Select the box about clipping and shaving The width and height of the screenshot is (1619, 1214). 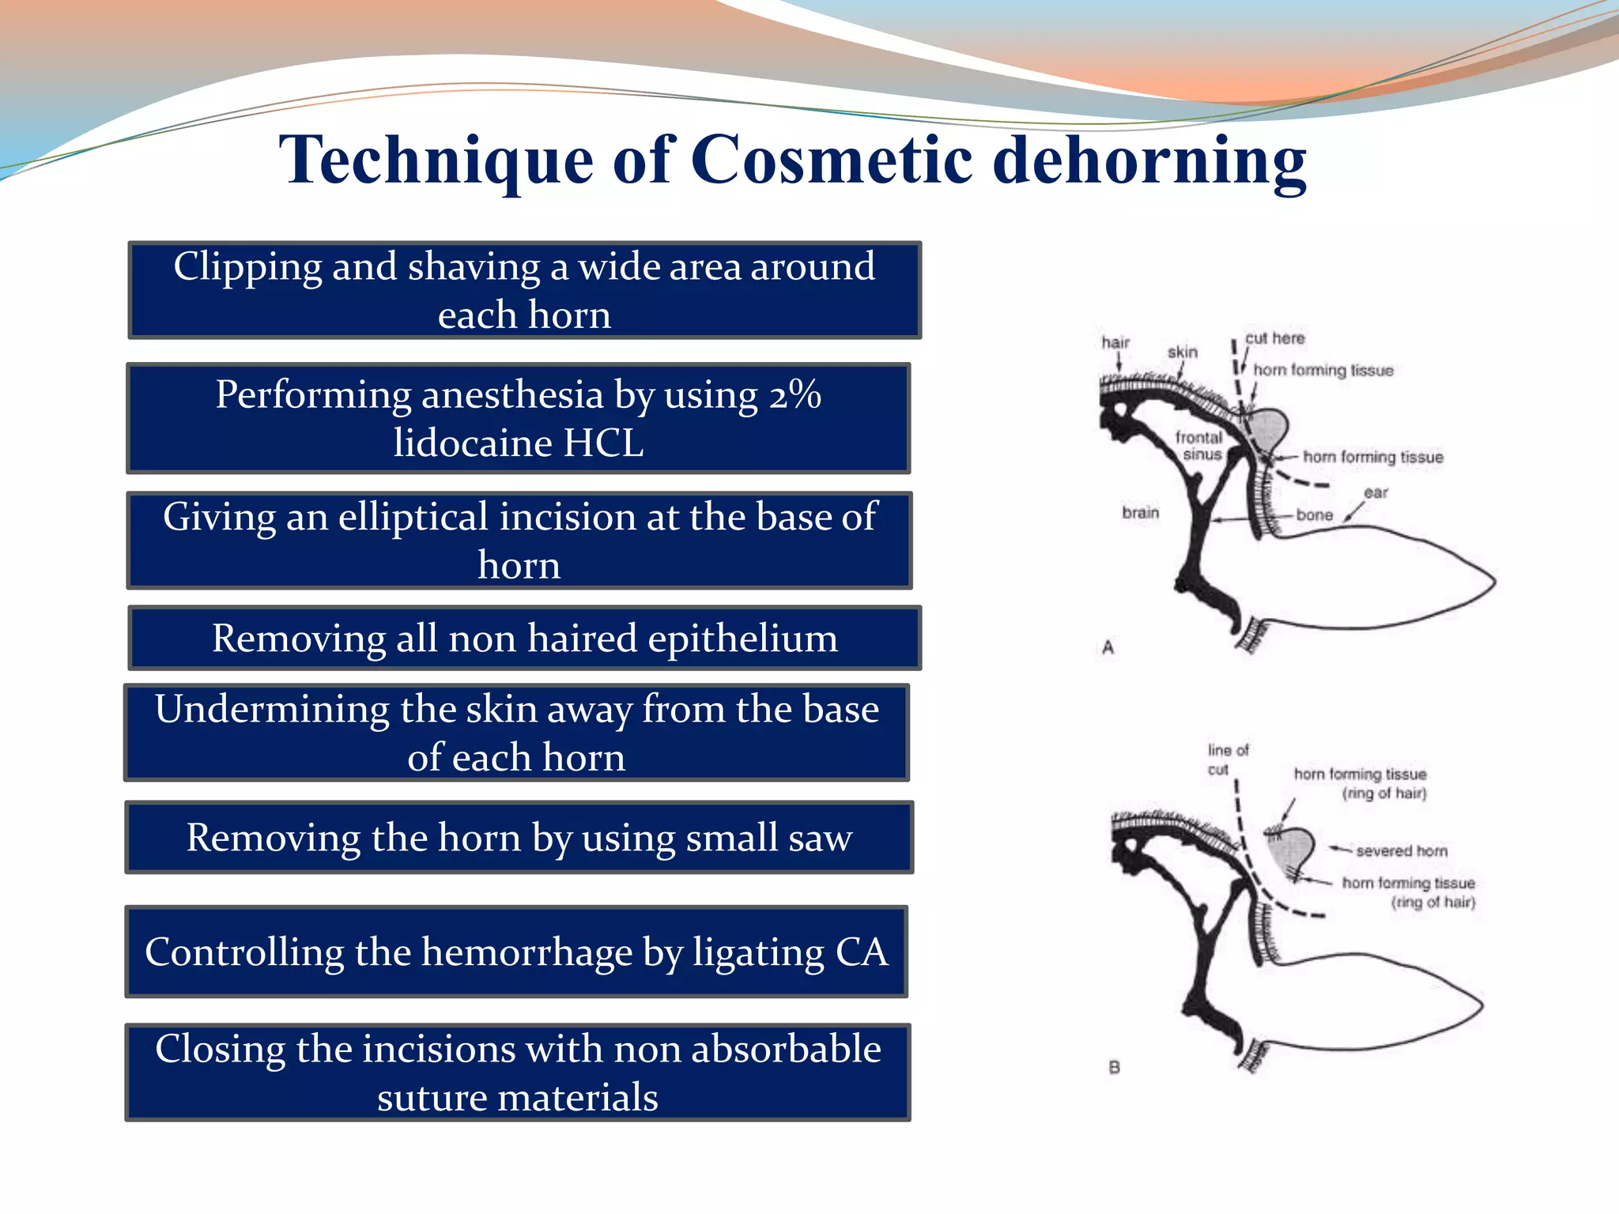click(x=524, y=290)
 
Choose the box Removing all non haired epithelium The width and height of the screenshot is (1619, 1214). click(x=524, y=638)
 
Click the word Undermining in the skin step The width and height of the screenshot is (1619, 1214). click(x=270, y=709)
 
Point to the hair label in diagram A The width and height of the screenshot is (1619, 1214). click(x=1115, y=342)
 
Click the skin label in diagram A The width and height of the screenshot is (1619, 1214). click(x=1182, y=352)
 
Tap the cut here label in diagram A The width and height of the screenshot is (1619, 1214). click(x=1274, y=338)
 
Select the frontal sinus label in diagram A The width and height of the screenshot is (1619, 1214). click(x=1199, y=446)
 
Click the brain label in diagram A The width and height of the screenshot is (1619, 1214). click(x=1140, y=512)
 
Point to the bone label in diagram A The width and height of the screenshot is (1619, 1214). click(x=1314, y=515)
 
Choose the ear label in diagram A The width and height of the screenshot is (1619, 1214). click(x=1376, y=492)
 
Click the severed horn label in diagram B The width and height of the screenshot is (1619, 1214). click(x=1401, y=850)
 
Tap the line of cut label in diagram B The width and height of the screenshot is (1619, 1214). click(x=1227, y=760)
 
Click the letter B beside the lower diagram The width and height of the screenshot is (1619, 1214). click(x=1115, y=1067)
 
